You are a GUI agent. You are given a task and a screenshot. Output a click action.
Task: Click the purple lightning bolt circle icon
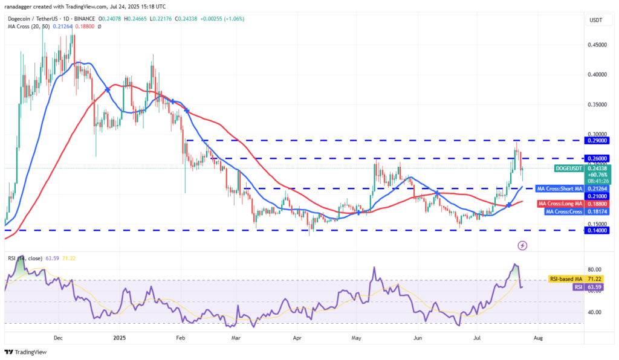coord(522,245)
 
